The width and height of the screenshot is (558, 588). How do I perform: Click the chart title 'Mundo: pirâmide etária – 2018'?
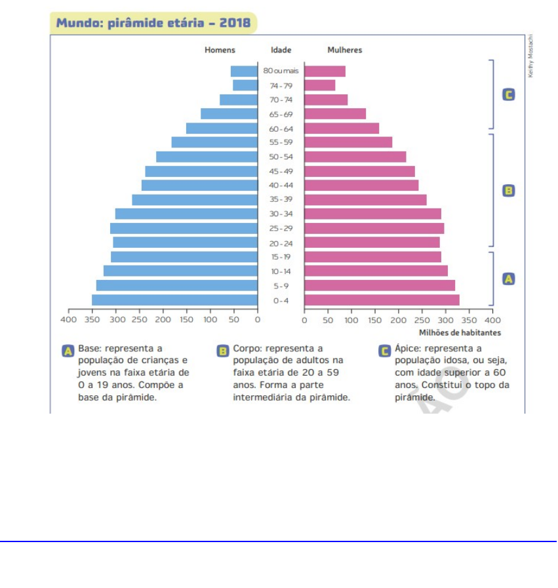point(153,24)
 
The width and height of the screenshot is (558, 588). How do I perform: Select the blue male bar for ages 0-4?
point(174,300)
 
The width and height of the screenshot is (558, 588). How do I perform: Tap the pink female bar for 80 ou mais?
point(325,71)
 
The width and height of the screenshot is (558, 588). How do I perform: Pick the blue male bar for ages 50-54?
point(207,157)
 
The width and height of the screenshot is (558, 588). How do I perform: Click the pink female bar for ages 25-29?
point(374,228)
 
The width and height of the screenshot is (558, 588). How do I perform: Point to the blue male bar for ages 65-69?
point(229,114)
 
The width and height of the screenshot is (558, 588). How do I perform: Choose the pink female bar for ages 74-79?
point(319,85)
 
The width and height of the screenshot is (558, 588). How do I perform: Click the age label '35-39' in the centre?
point(281,200)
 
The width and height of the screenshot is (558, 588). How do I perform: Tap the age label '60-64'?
point(281,128)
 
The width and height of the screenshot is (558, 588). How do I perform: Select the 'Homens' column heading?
point(220,50)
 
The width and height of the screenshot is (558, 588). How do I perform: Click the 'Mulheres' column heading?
point(344,50)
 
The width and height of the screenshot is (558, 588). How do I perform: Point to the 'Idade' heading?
point(281,50)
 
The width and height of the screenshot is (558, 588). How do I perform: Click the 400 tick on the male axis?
point(69,320)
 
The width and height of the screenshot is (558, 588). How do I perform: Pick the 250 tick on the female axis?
point(422,320)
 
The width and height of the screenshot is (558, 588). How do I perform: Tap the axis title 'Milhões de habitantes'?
point(460,332)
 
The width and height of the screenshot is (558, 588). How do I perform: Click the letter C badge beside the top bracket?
point(508,95)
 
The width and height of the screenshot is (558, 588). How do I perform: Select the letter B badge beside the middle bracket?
point(508,191)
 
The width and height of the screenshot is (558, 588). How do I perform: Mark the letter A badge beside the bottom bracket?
point(508,279)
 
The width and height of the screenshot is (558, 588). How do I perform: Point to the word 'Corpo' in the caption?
point(246,349)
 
